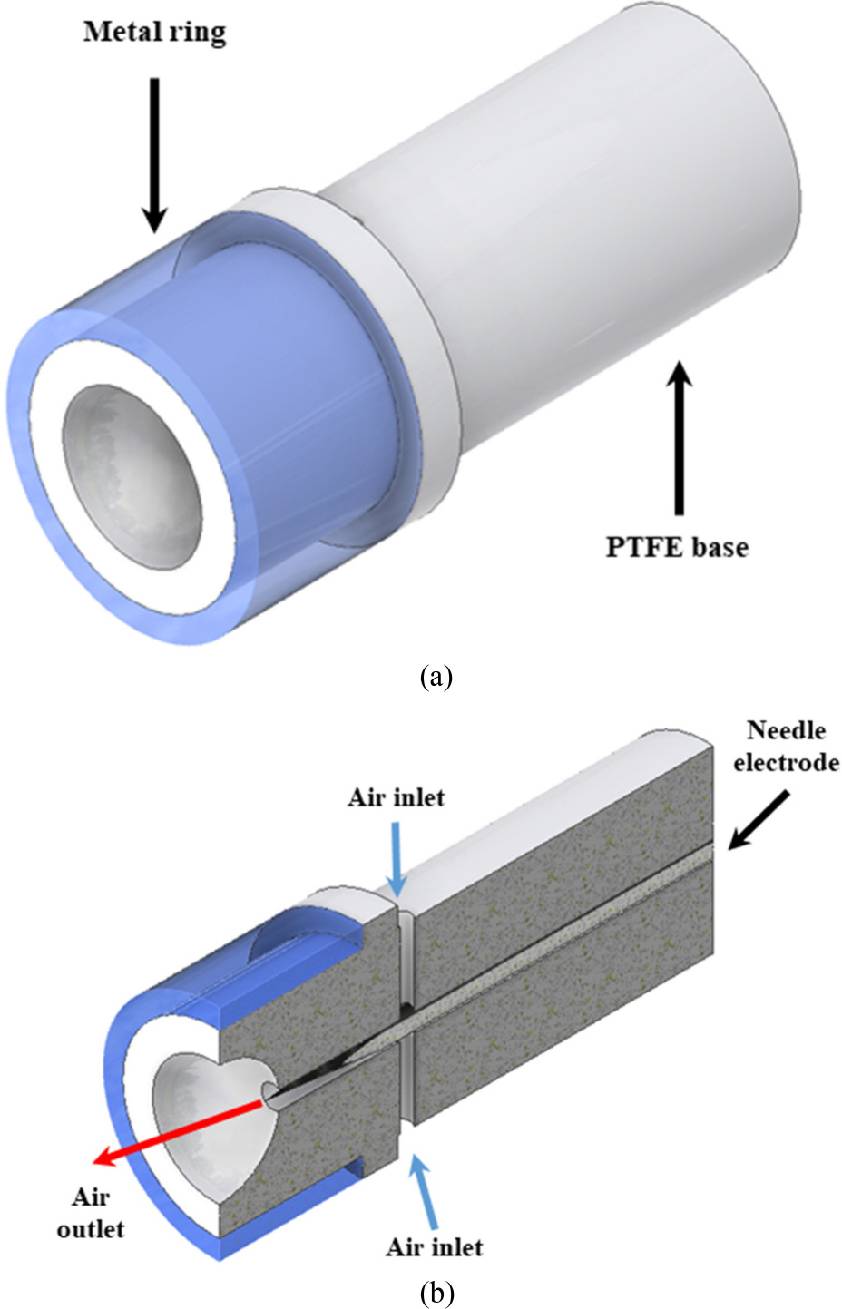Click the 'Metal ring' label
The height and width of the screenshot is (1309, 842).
(154, 33)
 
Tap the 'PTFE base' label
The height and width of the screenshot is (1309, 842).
(677, 547)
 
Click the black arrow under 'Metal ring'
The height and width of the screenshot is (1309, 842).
(154, 154)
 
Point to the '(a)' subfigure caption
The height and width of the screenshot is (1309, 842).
(436, 676)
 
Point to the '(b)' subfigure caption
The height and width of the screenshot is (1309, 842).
(436, 1292)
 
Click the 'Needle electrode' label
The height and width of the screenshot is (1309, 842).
(786, 746)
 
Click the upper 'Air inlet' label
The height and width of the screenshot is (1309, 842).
(397, 797)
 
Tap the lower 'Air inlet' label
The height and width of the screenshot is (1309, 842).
(434, 1246)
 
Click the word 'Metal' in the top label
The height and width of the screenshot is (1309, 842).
(115, 33)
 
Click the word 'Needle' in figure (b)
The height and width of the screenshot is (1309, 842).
(786, 730)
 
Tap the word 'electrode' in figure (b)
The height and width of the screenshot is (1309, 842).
(786, 762)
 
